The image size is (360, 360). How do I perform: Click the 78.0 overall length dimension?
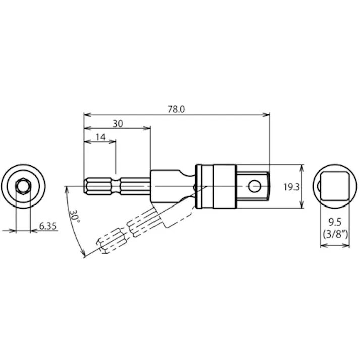tap(176, 109)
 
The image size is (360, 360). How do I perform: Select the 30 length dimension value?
tap(117, 123)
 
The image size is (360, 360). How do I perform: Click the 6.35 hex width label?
tap(47, 226)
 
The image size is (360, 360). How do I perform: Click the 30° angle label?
tap(75, 217)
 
